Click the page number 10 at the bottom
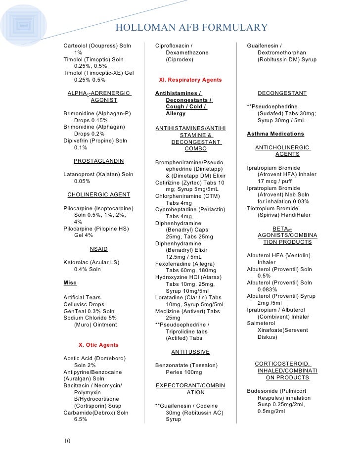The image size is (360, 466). point(67,441)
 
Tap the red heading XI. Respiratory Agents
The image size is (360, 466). point(190,80)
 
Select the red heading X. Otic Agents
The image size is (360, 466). point(99,345)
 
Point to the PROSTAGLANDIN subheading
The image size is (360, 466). point(98,161)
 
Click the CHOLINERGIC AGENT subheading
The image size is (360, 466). point(98,194)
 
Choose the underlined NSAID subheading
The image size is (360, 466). point(98,248)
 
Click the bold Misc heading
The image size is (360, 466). point(70,282)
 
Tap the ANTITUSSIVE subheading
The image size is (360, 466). point(190,352)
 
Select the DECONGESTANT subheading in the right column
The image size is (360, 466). point(282,93)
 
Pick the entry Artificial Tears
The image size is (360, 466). point(82,298)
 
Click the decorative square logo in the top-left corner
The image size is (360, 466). point(20,23)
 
